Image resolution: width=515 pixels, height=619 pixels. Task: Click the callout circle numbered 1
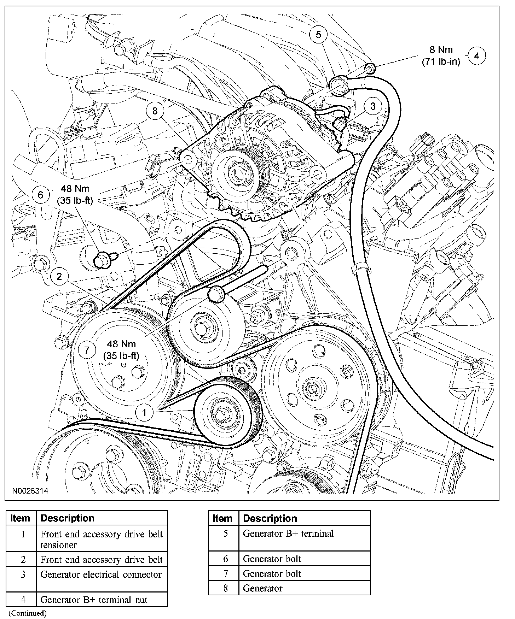[144, 412]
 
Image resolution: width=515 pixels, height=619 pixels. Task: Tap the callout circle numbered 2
[59, 276]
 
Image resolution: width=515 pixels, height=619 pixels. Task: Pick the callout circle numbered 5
[318, 35]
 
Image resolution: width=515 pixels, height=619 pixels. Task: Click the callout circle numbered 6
[40, 195]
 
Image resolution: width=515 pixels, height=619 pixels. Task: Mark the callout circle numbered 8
[155, 111]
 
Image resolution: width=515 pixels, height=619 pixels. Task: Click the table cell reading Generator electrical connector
[101, 574]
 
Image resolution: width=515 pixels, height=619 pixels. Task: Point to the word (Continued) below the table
[28, 613]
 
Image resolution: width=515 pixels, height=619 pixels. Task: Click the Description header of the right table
[270, 518]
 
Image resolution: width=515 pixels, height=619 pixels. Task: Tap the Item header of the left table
[21, 518]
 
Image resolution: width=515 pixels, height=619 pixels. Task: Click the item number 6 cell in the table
[226, 559]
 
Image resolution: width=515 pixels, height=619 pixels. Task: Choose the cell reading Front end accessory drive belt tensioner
[101, 539]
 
